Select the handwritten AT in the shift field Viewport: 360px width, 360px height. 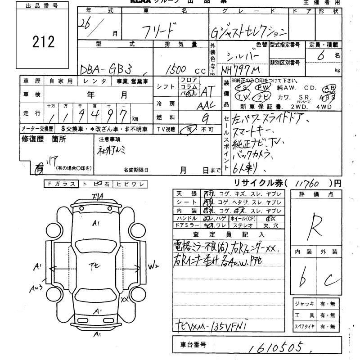tap(207, 91)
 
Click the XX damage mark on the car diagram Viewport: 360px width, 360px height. tap(125, 298)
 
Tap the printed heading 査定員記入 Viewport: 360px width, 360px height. tap(229, 234)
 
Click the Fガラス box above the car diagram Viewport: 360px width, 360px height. tap(61, 184)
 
